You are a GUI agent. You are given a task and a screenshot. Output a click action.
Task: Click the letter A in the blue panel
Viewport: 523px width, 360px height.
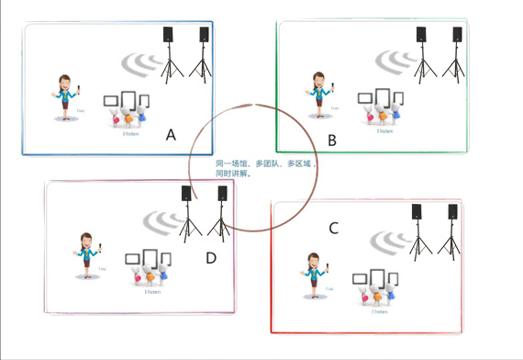(171, 134)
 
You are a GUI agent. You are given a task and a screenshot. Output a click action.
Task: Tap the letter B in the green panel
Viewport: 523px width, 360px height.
(332, 140)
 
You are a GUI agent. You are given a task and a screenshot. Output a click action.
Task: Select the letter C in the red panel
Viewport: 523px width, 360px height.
(334, 227)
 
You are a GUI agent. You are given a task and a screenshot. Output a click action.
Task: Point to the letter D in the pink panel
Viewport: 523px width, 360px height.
(211, 258)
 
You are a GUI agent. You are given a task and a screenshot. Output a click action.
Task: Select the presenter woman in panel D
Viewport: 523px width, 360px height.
(87, 254)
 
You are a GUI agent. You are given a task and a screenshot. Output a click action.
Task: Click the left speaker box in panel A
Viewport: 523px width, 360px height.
(168, 35)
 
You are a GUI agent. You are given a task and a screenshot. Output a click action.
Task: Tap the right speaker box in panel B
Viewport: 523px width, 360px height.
(457, 35)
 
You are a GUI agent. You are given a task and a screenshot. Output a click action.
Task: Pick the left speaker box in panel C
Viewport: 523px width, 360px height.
(417, 211)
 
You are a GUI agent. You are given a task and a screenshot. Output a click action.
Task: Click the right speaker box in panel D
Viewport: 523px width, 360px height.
(222, 194)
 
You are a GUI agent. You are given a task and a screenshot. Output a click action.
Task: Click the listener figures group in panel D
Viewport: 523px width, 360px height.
(150, 268)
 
